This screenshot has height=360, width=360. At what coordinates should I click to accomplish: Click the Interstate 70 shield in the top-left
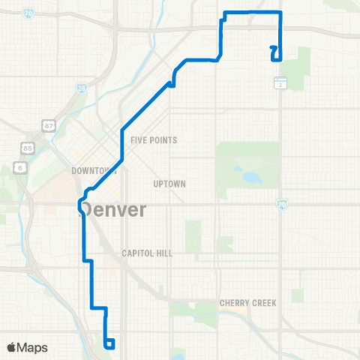28,13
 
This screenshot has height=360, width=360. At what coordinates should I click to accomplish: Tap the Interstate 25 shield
81,88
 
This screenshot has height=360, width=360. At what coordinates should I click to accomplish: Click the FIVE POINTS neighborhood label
153,140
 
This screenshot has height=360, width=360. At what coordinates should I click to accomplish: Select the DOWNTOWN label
93,171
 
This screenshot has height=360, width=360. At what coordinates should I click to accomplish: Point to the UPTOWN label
168,184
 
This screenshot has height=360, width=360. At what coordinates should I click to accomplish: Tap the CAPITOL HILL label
147,253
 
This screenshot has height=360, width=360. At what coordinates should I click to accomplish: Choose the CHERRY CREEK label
248,303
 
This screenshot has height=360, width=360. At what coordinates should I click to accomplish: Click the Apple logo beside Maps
12,347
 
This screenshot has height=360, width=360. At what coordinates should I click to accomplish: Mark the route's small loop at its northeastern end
274,52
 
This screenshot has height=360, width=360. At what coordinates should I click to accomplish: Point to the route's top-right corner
280,13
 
